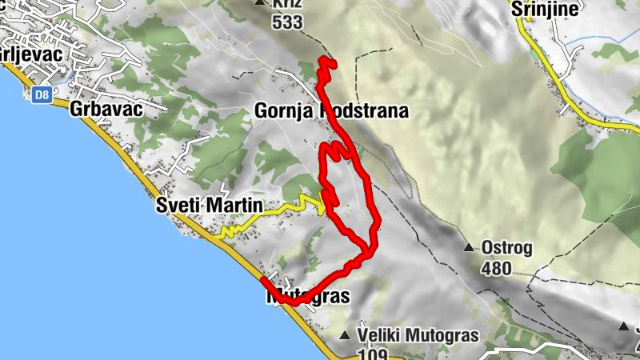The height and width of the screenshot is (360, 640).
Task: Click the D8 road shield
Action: [x=41, y=95]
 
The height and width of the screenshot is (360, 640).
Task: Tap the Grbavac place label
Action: [x=106, y=110]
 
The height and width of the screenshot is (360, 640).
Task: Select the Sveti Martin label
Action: [x=209, y=206]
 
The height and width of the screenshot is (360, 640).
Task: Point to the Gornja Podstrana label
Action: [x=331, y=111]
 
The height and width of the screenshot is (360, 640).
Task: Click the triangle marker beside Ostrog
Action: [x=469, y=247]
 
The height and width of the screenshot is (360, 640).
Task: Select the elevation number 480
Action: [x=496, y=267]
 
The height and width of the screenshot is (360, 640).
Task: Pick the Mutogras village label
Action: [x=308, y=297]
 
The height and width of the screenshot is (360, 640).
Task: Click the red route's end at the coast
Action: [x=262, y=279]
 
